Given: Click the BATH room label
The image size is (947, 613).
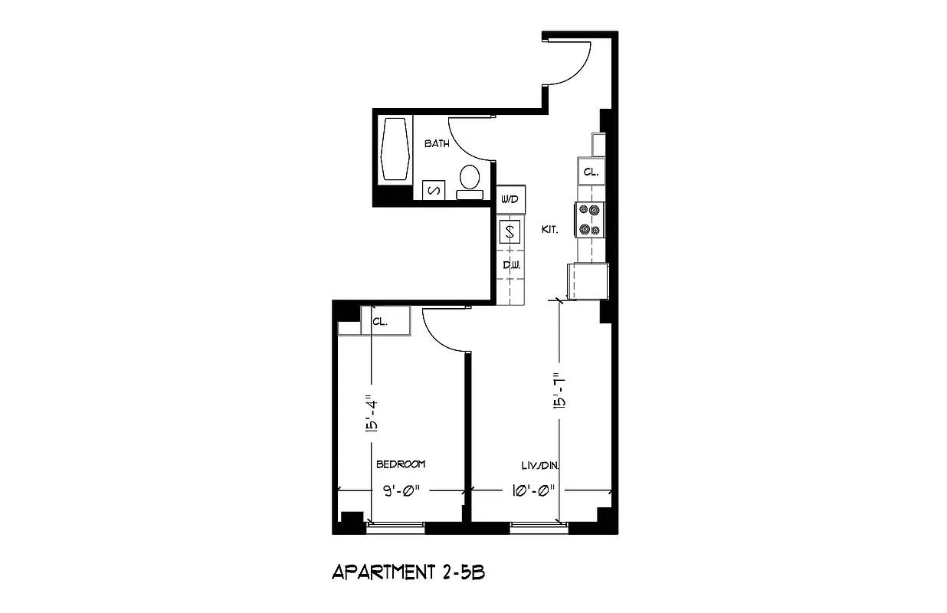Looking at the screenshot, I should pyautogui.click(x=437, y=143).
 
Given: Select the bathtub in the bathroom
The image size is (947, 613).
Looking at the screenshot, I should pyautogui.click(x=396, y=149).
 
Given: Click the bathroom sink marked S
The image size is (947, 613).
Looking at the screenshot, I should pyautogui.click(x=433, y=190).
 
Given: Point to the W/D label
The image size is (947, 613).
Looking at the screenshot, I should pyautogui.click(x=510, y=199).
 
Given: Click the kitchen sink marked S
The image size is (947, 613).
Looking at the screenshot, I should pyautogui.click(x=510, y=231).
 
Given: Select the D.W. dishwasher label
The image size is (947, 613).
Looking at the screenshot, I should pyautogui.click(x=511, y=265).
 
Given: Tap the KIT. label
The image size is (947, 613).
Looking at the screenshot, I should pyautogui.click(x=549, y=229).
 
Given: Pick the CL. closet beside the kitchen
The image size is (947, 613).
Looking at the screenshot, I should pyautogui.click(x=591, y=172).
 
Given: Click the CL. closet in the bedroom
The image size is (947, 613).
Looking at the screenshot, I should pyautogui.click(x=380, y=321).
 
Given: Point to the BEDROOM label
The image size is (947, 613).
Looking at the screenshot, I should pyautogui.click(x=400, y=464).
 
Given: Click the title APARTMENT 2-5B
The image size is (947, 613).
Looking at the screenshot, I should pyautogui.click(x=408, y=572).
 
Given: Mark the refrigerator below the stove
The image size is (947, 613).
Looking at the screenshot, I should pyautogui.click(x=588, y=281).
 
